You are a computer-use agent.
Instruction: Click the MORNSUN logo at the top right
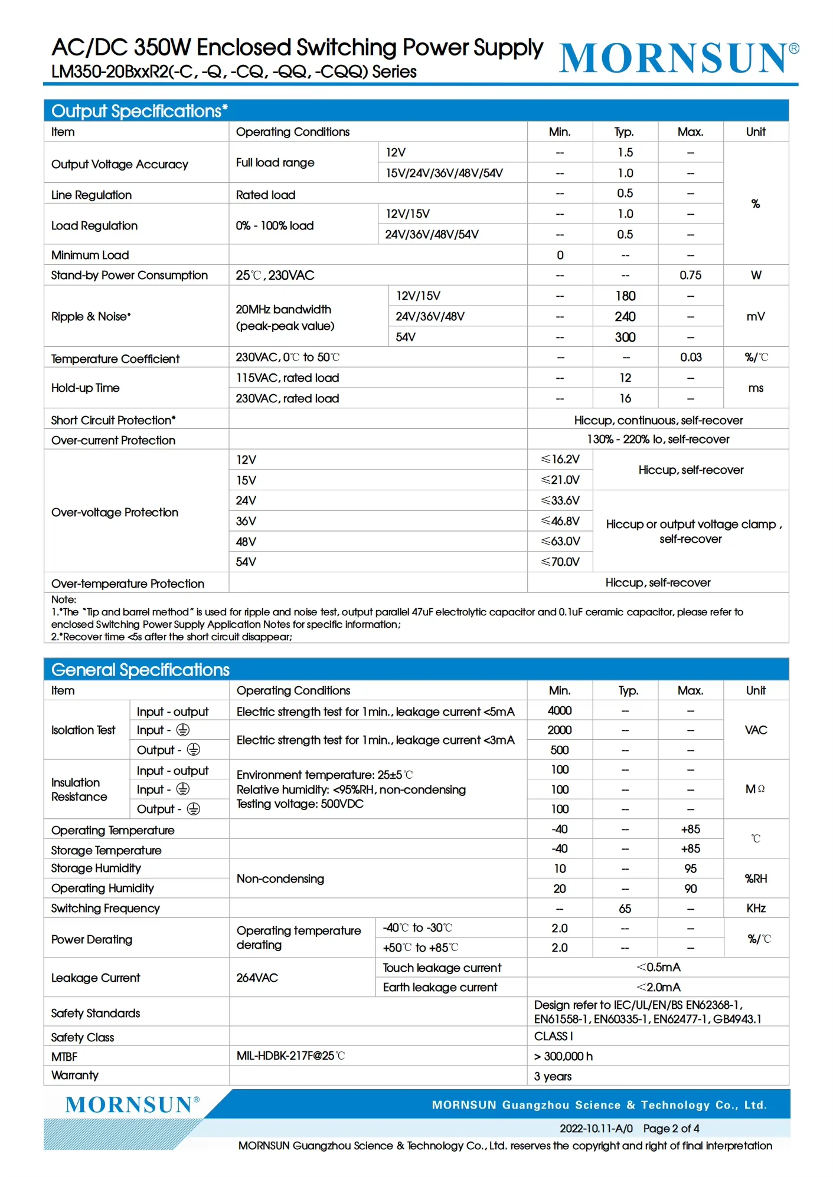point(678,58)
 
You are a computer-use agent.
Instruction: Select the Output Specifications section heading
point(139,111)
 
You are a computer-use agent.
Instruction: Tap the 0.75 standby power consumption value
point(690,275)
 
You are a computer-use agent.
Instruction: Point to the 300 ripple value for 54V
point(625,337)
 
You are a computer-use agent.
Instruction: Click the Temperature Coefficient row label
point(115,359)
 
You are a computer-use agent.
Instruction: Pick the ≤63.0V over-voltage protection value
point(560,541)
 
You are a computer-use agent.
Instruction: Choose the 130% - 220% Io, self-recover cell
point(658,439)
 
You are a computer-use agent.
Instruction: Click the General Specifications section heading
point(141,670)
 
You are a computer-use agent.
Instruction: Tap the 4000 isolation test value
point(559,710)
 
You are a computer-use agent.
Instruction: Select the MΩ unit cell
point(755,789)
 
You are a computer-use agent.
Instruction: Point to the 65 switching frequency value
point(625,909)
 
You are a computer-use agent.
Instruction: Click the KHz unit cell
point(756,908)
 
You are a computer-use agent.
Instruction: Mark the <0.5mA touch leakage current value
point(658,967)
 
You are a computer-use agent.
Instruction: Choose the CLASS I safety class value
point(553,1036)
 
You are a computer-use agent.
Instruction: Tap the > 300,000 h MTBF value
point(563,1056)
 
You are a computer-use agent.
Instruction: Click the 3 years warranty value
point(553,1076)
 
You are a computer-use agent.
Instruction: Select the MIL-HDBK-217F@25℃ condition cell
point(290,1055)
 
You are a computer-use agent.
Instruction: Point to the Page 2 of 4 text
point(671,1128)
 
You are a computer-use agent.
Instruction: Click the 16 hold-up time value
point(625,398)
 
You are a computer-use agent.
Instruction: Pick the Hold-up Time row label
point(86,388)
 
